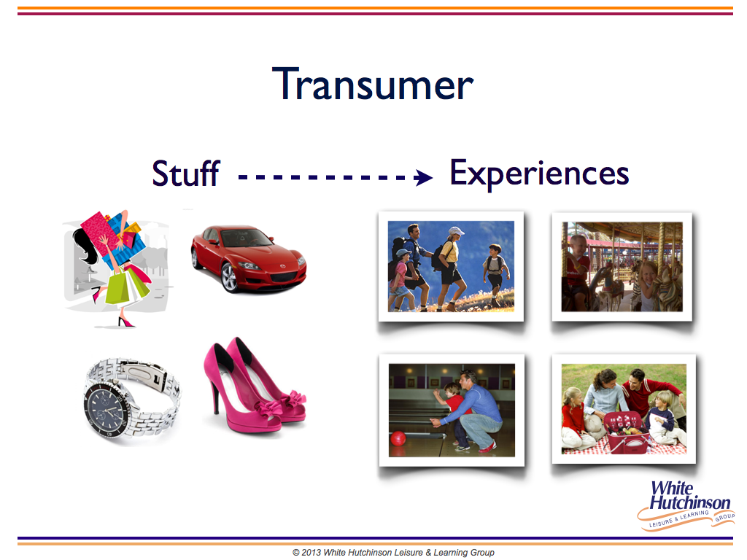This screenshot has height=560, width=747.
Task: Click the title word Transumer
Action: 373,84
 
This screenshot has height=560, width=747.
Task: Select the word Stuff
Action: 186,173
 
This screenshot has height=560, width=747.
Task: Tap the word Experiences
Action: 539,174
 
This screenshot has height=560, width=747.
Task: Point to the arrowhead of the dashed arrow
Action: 423,178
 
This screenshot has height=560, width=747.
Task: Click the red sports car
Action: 248,257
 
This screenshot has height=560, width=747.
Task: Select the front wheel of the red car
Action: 230,278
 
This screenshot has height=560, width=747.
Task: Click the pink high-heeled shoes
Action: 255,385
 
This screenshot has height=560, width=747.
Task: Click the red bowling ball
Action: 398,438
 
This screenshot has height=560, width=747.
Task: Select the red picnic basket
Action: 626,432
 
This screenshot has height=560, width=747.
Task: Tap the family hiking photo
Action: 451,267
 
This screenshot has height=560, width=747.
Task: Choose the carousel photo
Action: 622,267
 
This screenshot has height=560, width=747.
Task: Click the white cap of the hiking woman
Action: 456,231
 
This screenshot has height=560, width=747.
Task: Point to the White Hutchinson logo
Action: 686,505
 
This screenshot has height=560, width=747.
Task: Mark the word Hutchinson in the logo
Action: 690,502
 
